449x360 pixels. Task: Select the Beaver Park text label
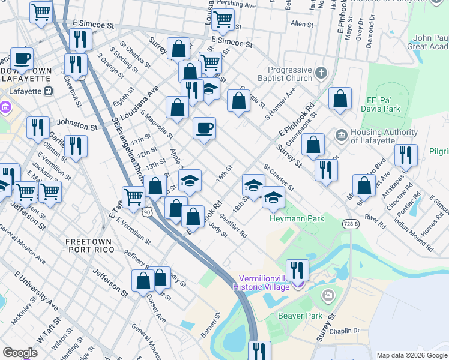(300, 316)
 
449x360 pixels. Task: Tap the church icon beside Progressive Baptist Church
(321, 74)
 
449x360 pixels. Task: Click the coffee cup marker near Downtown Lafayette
(22, 58)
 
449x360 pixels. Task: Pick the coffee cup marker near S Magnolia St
(204, 128)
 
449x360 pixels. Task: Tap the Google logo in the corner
(20, 352)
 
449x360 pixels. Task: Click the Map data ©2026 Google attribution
(411, 355)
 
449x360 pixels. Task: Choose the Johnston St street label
(77, 127)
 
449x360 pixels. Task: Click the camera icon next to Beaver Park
(328, 295)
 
